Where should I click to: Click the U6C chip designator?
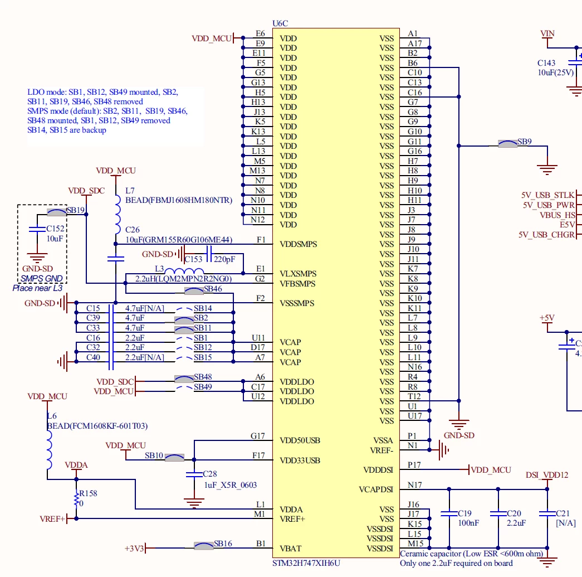tap(280, 23)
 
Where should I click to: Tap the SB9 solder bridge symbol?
tap(507, 144)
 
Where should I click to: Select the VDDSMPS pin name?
tap(299, 244)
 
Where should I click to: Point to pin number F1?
tap(261, 240)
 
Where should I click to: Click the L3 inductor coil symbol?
tap(184, 271)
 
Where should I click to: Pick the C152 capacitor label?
tap(55, 229)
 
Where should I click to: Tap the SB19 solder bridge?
tap(57, 212)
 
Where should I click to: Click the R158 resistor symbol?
tap(76, 498)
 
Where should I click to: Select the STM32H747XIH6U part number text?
tap(306, 563)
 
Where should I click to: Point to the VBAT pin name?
tap(291, 549)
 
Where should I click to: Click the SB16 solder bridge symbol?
tap(204, 546)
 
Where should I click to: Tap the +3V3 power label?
tap(134, 549)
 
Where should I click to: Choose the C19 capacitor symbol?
tap(449, 514)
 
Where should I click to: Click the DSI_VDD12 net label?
tap(547, 475)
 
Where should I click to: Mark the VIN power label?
tap(547, 33)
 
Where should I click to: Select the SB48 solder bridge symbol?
tap(184, 379)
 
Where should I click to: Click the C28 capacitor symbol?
tap(194, 474)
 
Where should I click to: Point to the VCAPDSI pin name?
tap(376, 489)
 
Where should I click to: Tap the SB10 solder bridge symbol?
tap(174, 457)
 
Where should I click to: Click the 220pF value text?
tap(224, 259)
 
